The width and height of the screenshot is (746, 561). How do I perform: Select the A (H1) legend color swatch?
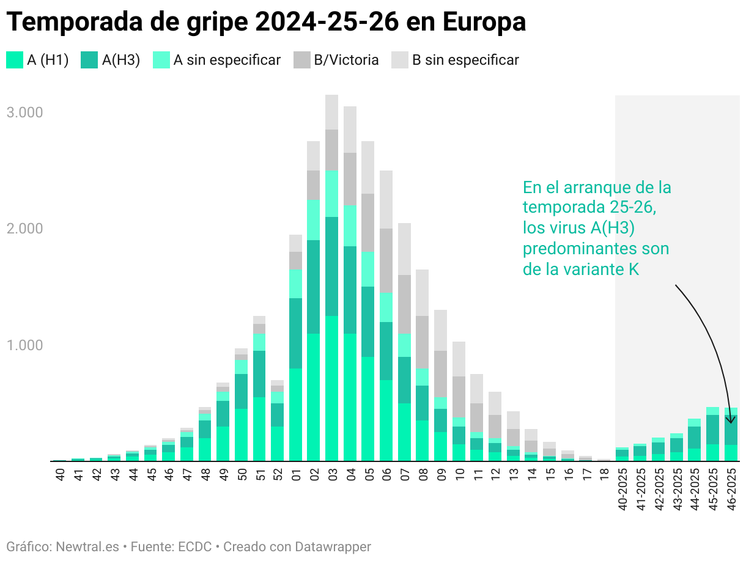[15, 60]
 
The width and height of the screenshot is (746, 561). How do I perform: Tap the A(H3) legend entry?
[110, 60]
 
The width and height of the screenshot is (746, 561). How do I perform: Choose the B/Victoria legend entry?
[336, 60]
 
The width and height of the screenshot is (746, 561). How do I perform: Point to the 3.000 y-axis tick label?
[24, 112]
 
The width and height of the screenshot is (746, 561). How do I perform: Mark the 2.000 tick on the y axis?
[24, 229]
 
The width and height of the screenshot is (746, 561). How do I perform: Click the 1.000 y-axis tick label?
[24, 345]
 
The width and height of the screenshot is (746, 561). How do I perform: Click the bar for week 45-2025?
[713, 434]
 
